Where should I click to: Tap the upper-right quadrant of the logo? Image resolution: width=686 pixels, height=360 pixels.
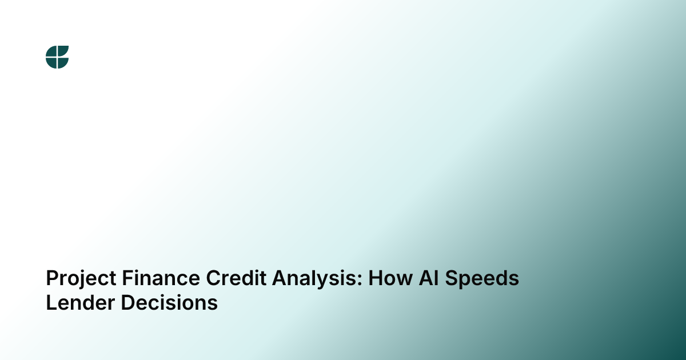pos(63,51)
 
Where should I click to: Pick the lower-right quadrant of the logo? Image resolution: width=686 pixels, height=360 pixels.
pos(62,62)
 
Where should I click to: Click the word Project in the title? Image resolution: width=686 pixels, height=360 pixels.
pos(81,279)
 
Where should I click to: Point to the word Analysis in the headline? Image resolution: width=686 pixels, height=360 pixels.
pos(314,279)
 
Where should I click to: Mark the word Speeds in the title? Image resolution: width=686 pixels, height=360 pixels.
pos(482,279)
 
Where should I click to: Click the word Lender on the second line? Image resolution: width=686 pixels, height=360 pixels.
pos(81,302)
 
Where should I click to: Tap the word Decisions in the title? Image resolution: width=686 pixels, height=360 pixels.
pos(169,302)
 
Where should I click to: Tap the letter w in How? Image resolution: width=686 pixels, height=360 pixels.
pos(404,280)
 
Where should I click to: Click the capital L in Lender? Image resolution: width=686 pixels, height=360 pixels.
pos(52,302)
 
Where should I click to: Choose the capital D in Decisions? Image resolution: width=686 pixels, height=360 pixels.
pos(129,302)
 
